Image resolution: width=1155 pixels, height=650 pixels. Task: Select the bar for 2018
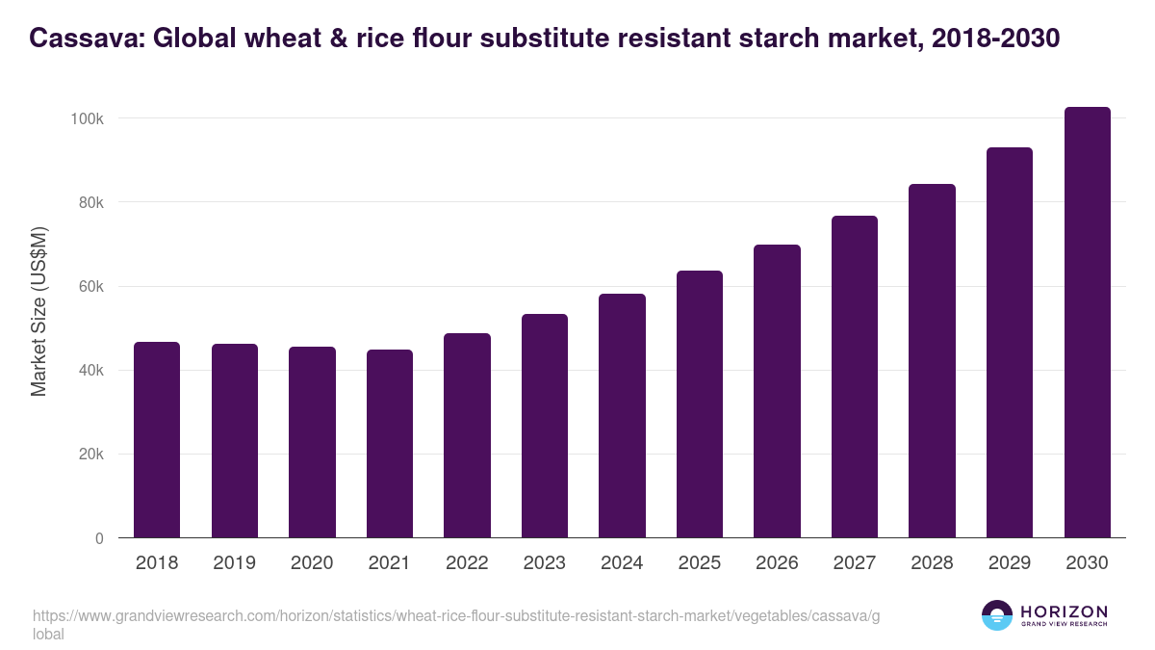point(157,440)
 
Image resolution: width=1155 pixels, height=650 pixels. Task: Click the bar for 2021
point(390,444)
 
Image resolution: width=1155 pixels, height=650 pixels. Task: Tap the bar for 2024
point(622,416)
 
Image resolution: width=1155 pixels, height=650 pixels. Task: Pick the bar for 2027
point(855,377)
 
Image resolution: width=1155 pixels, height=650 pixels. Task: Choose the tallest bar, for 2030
point(1087,323)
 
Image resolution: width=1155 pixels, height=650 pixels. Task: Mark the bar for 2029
point(1010,343)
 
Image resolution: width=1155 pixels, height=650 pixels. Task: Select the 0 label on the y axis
point(99,539)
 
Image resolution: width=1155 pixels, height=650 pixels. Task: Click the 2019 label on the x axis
point(235,563)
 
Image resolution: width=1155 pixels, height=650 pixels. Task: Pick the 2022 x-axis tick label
point(467,563)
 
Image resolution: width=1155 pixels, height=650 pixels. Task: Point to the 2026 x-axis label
point(777,563)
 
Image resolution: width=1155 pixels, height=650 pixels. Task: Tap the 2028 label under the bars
point(932,563)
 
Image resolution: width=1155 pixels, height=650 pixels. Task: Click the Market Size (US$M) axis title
point(38,311)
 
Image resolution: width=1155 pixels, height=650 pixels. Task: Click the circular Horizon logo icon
point(996,615)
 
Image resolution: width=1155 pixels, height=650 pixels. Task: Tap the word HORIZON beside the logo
point(1064,611)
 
